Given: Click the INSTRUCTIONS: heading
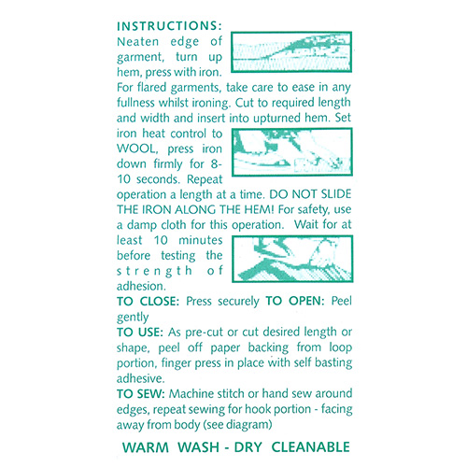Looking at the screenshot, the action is [169, 26].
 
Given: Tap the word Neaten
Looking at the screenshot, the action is [137, 42].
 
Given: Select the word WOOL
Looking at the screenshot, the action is [137, 149].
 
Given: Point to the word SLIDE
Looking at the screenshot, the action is [336, 194].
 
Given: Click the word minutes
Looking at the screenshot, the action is [201, 240].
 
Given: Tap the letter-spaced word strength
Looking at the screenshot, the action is [155, 272].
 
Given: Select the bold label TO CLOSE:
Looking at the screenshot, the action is [148, 302].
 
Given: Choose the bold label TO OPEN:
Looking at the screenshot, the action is [295, 301].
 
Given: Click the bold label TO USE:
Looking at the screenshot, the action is [140, 333].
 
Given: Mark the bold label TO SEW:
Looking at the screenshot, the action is [140, 394].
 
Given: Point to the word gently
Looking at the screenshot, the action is [133, 318].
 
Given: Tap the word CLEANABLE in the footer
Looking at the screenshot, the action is [311, 447].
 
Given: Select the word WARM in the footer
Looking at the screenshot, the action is [146, 447].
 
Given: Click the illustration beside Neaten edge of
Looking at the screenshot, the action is [291, 52].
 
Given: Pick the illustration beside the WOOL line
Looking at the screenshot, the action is [292, 152].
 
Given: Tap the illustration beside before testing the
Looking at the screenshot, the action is [292, 259].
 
